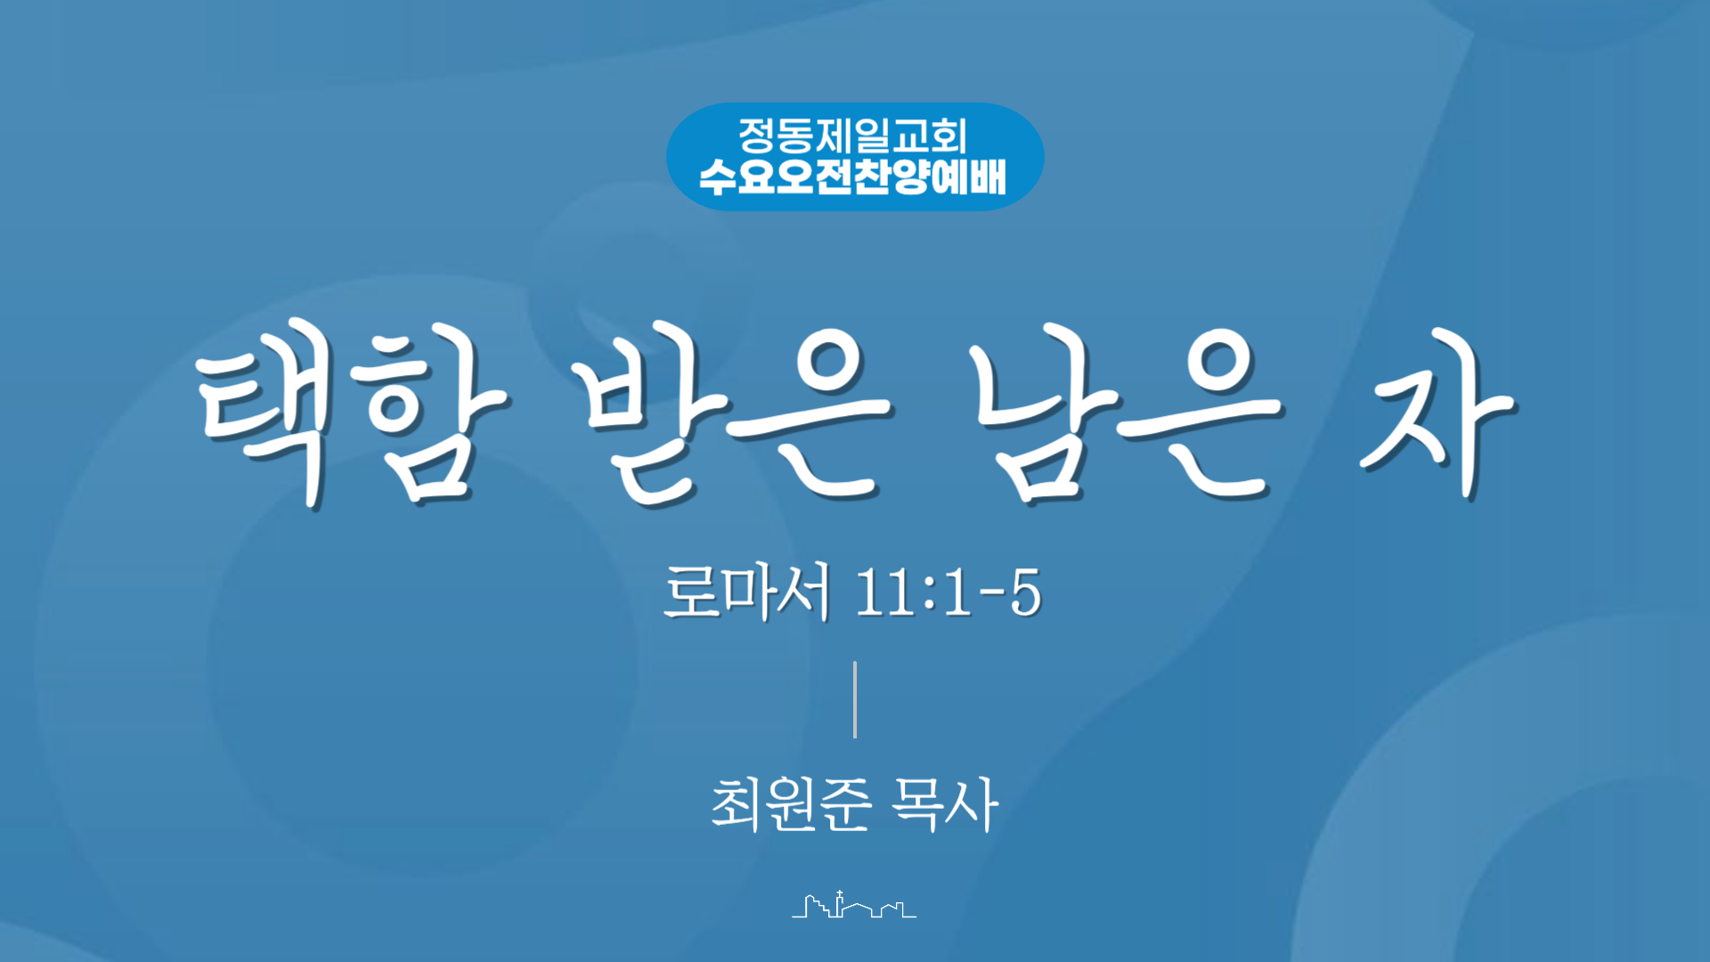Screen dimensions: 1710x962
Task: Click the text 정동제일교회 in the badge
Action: (x=853, y=135)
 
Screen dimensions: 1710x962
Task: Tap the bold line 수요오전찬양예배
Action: (x=853, y=176)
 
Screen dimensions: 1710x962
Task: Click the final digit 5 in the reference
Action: (x=1026, y=592)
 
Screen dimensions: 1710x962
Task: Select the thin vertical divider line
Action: (x=855, y=699)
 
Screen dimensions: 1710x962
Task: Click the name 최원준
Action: (x=791, y=803)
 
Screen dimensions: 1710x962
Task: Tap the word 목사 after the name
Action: (x=946, y=803)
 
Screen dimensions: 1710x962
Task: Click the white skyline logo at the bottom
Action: (x=854, y=904)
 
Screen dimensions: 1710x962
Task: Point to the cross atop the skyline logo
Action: (x=839, y=893)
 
